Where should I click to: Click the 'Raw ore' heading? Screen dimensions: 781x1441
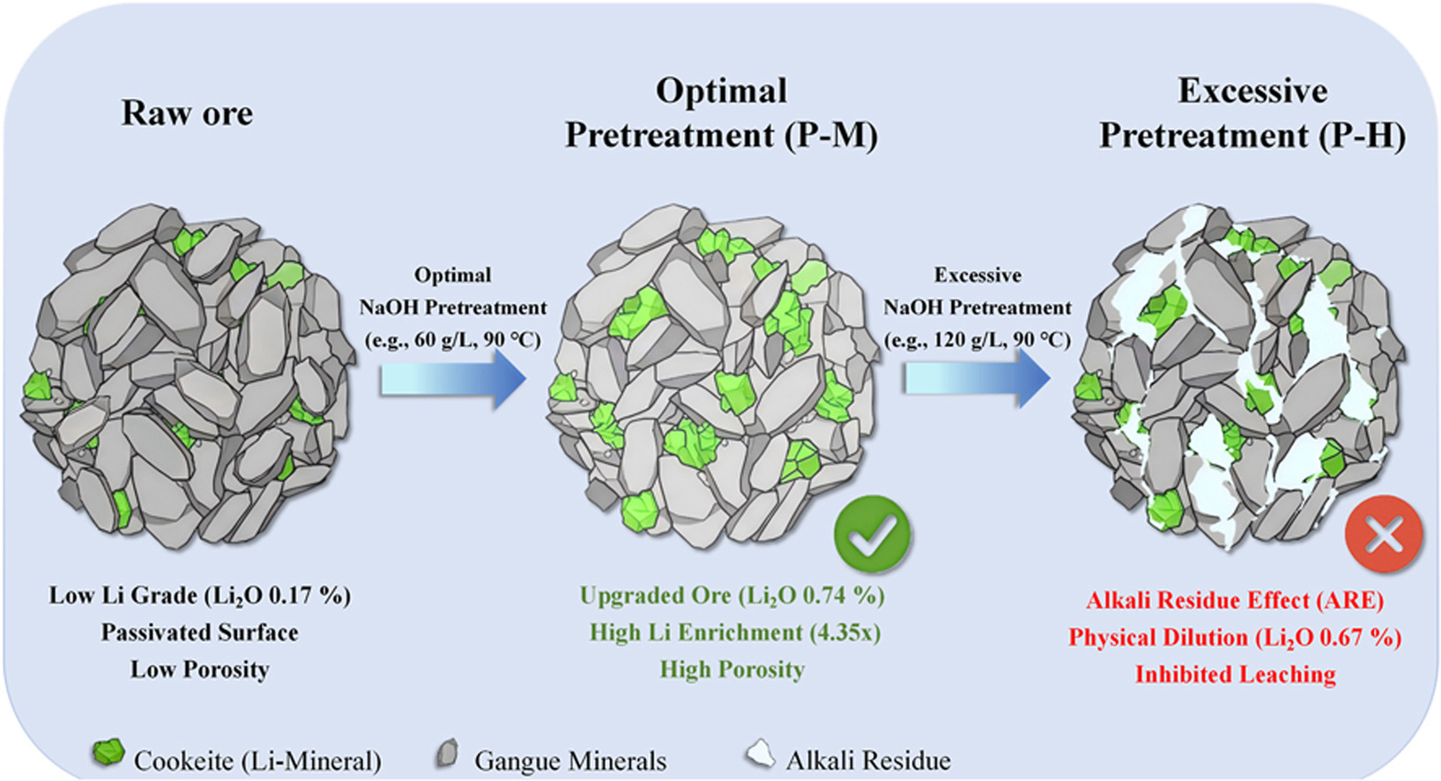(187, 113)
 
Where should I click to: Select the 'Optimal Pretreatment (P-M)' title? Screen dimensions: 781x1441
(721, 114)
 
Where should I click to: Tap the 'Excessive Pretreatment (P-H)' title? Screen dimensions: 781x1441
(1252, 114)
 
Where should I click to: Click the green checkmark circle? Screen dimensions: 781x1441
(873, 533)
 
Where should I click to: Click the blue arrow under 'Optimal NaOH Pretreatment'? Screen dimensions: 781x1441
(453, 378)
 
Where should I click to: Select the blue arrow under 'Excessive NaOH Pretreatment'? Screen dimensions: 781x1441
(977, 378)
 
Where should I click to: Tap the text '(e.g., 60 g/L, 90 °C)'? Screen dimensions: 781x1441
(453, 339)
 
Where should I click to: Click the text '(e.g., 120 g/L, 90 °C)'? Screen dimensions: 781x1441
(977, 339)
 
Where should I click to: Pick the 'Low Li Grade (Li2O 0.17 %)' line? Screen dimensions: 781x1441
(200, 596)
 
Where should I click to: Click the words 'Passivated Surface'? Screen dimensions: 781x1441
(200, 632)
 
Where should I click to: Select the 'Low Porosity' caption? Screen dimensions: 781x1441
(200, 669)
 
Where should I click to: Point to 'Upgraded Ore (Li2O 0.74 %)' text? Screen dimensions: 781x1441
(732, 596)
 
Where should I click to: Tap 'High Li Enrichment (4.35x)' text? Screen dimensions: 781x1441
(735, 632)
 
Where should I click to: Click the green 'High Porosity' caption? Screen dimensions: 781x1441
(732, 669)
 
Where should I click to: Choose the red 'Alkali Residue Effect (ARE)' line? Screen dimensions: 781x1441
(1235, 600)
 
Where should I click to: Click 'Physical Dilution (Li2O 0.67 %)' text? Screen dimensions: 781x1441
(1235, 637)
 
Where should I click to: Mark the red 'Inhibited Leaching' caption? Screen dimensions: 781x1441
(1235, 674)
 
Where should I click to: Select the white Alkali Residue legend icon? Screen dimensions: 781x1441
(760, 755)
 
